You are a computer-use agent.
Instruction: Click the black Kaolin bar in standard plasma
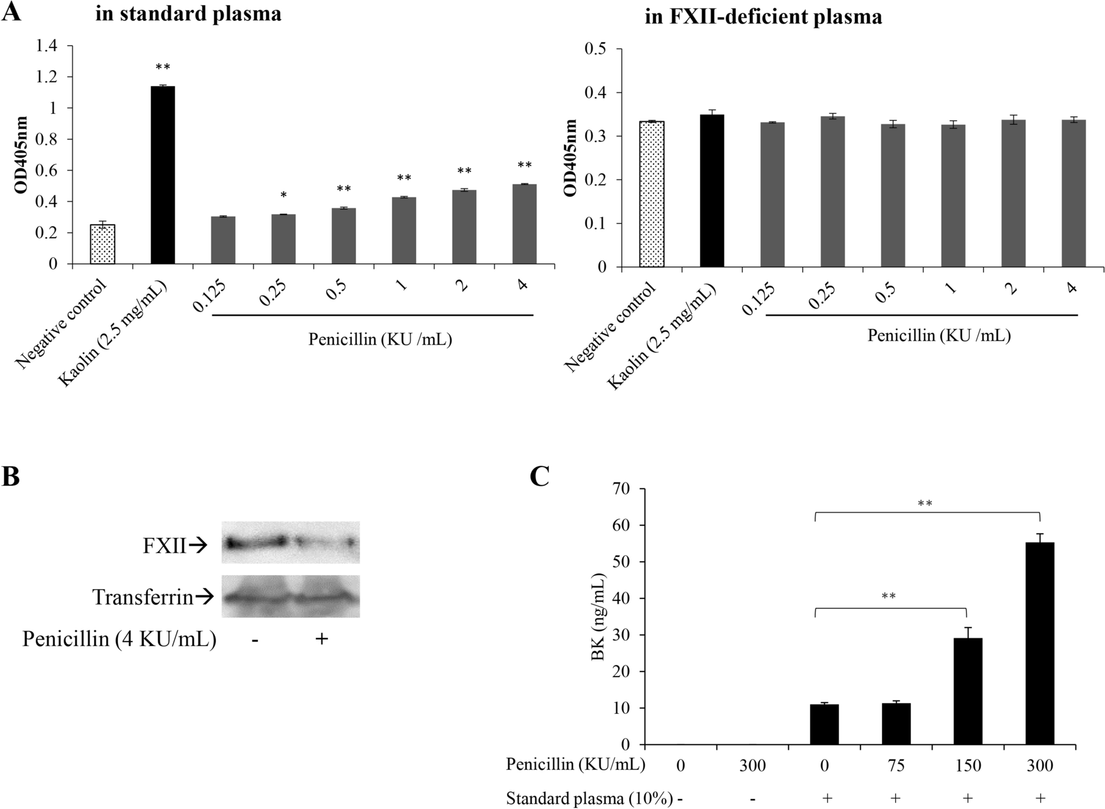point(163,175)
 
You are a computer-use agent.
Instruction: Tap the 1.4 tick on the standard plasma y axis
point(46,46)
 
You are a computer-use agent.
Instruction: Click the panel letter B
point(11,477)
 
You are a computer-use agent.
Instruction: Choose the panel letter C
point(540,477)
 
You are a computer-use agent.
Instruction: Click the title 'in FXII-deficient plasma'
point(764,17)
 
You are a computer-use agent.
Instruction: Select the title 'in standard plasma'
point(188,13)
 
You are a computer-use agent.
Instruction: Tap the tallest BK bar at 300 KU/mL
point(1040,643)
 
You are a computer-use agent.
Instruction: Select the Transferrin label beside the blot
point(142,597)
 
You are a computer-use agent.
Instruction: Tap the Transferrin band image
point(291,597)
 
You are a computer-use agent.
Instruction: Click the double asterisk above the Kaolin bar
point(163,68)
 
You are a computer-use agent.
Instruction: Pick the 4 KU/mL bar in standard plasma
point(524,224)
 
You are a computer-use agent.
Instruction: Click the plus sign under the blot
point(321,639)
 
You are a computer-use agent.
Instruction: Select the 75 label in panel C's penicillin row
point(896,765)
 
